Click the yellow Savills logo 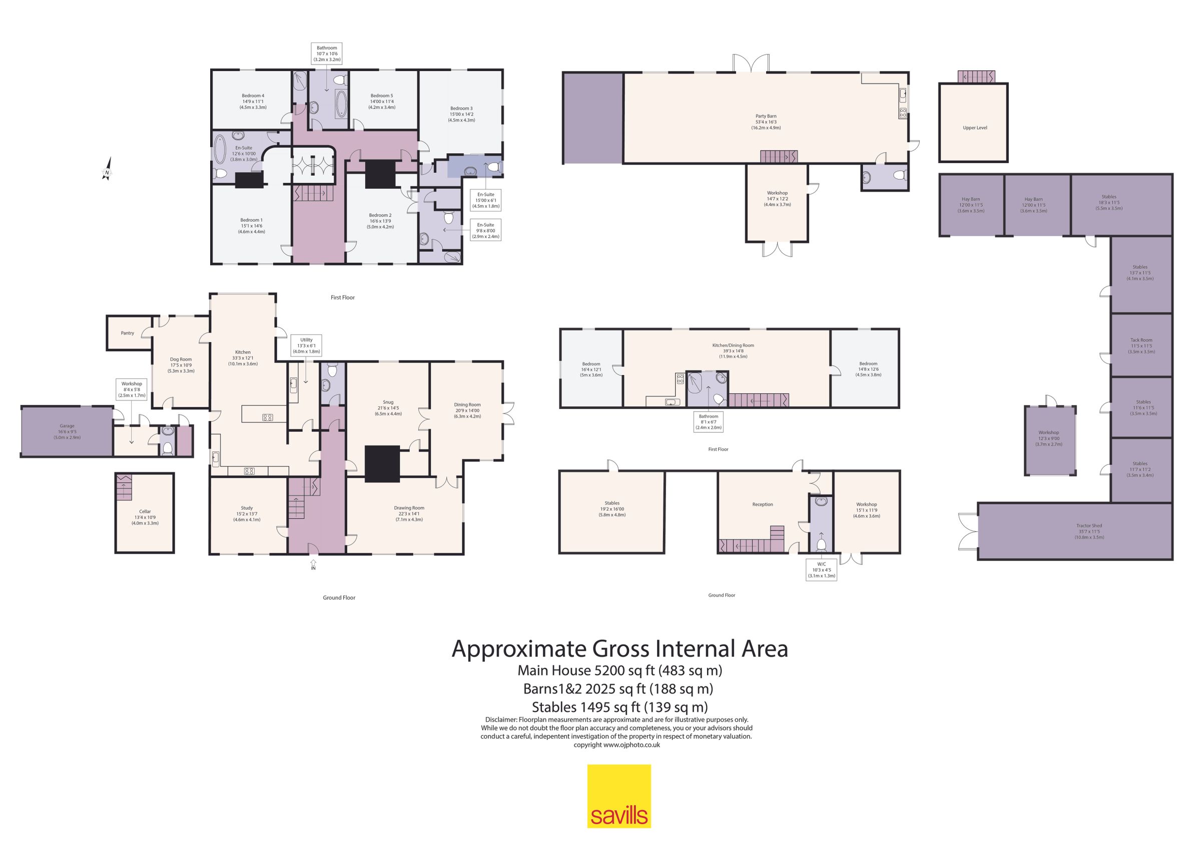(x=619, y=796)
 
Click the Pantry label (x=127, y=333)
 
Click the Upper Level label (x=975, y=127)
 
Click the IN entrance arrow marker (x=313, y=564)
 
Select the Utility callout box (x=306, y=345)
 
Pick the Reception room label (x=763, y=504)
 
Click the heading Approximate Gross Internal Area (x=620, y=649)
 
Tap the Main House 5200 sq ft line (x=620, y=670)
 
